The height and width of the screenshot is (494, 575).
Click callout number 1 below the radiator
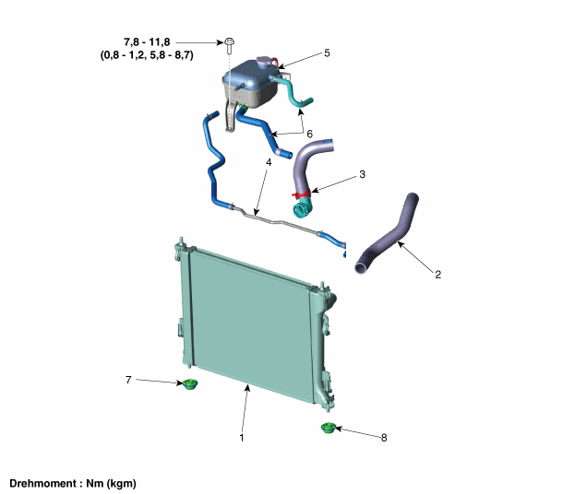pyautogui.click(x=242, y=437)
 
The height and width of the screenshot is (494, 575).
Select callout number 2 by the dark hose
pyautogui.click(x=437, y=274)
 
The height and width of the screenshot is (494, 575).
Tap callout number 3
pyautogui.click(x=363, y=174)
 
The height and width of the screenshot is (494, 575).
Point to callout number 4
pyautogui.click(x=269, y=162)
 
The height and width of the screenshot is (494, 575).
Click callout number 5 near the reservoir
pyautogui.click(x=327, y=53)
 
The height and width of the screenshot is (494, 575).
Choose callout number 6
pyautogui.click(x=309, y=134)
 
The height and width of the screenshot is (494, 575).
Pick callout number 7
pyautogui.click(x=128, y=380)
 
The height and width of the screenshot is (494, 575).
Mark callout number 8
pyautogui.click(x=384, y=438)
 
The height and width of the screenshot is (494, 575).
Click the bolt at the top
pyautogui.click(x=229, y=44)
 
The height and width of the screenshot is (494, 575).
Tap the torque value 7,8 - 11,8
pyautogui.click(x=147, y=42)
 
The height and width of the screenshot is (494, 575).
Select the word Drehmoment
pyautogui.click(x=42, y=483)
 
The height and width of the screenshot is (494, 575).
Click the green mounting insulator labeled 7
pyautogui.click(x=190, y=384)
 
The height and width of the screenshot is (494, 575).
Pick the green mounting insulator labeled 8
pyautogui.click(x=329, y=428)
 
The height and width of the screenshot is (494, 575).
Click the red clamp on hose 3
pyautogui.click(x=302, y=193)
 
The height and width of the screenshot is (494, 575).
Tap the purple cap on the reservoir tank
pyautogui.click(x=264, y=61)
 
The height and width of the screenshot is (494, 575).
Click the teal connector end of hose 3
pyautogui.click(x=303, y=208)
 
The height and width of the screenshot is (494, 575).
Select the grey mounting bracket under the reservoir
pyautogui.click(x=231, y=116)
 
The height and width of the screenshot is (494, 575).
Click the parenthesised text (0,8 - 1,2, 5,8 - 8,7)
pyautogui.click(x=147, y=55)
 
